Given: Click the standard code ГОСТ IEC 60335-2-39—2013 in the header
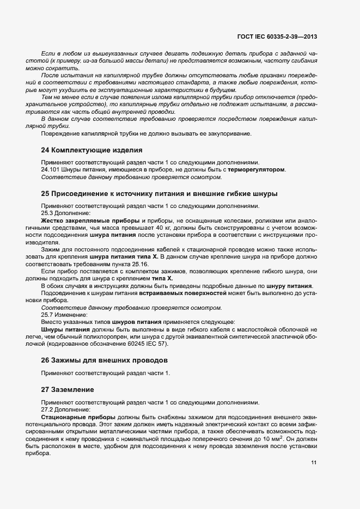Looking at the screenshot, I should [277, 37].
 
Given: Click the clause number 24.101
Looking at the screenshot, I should [51, 169].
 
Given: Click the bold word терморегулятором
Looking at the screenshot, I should [256, 169].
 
